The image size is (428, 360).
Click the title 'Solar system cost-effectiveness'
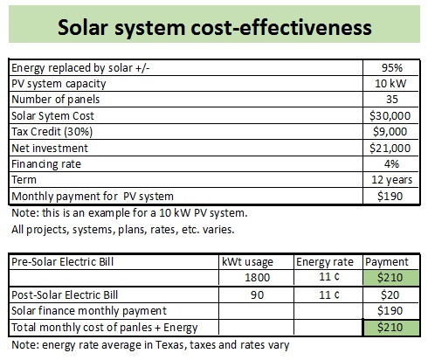pyautogui.click(x=213, y=27)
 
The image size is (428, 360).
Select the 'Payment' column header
pyautogui.click(x=386, y=261)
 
